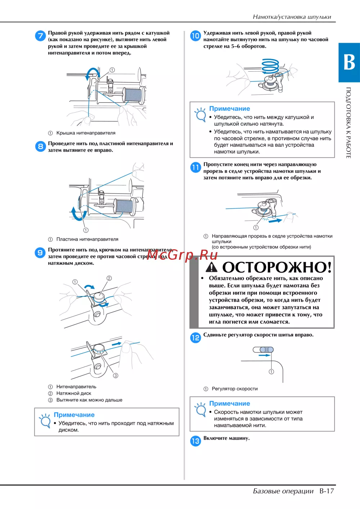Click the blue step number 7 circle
coord(40,36)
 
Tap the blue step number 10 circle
coord(195,36)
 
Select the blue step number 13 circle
coord(195,441)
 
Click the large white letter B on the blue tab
coord(349,62)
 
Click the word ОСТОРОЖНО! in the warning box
coord(277,267)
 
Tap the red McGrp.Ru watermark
coord(182,255)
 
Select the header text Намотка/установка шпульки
coord(292,17)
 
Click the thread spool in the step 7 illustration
coord(134,95)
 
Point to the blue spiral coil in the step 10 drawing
coord(270,66)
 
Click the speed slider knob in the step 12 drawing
coord(266,350)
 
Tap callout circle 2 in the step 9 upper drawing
coord(109,278)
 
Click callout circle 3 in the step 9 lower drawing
coord(116,376)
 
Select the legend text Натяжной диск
coord(74,393)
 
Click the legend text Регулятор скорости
coord(235,388)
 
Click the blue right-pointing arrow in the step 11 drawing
coord(275,220)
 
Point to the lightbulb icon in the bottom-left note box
coord(45,421)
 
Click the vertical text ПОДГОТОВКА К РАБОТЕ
coord(348,123)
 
